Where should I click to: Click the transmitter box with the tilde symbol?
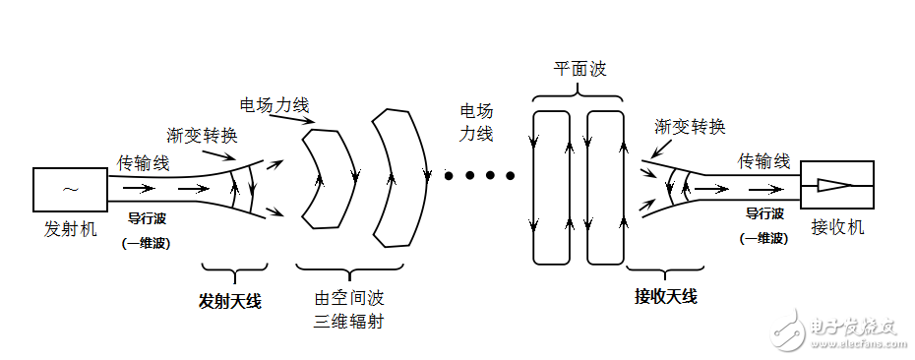pyautogui.click(x=71, y=190)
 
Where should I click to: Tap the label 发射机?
pyautogui.click(x=71, y=230)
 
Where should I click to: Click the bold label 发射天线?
pyautogui.click(x=231, y=301)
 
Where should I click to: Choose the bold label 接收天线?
pyautogui.click(x=666, y=296)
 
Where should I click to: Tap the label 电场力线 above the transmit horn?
pyautogui.click(x=273, y=104)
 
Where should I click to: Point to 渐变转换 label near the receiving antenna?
pyautogui.click(x=690, y=127)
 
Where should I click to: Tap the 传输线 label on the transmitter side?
pyautogui.click(x=143, y=161)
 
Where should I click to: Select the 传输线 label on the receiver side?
pyautogui.click(x=763, y=160)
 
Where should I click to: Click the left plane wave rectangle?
pyautogui.click(x=550, y=187)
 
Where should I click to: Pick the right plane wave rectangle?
pyautogui.click(x=606, y=187)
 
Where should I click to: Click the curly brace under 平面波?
pyautogui.click(x=578, y=92)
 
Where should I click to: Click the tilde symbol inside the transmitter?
pyautogui.click(x=71, y=189)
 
